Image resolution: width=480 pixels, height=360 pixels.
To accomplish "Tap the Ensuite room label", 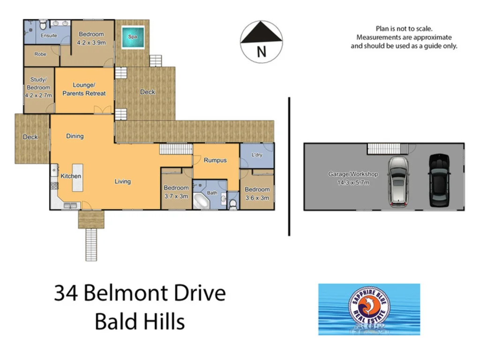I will click(49, 36).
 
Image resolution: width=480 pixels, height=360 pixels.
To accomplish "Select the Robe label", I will click(40, 54).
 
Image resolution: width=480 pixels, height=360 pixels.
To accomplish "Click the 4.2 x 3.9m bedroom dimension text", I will click(91, 43).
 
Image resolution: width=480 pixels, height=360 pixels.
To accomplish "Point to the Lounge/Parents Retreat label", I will click(84, 89).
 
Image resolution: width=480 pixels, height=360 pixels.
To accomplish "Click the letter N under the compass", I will click(261, 52).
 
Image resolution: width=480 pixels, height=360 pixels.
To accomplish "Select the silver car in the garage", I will click(398, 181).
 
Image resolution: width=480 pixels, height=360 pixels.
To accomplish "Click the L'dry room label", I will click(256, 155).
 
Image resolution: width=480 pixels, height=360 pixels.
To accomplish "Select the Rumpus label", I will click(215, 160).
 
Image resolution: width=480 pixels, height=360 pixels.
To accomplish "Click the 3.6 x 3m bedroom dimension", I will click(257, 198).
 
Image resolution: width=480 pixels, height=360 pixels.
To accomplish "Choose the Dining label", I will click(75, 136).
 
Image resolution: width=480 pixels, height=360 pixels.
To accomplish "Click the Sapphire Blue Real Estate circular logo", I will click(369, 308).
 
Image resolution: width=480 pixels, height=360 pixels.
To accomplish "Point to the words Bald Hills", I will click(140, 322).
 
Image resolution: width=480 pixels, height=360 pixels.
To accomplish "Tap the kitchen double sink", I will click(71, 205).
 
